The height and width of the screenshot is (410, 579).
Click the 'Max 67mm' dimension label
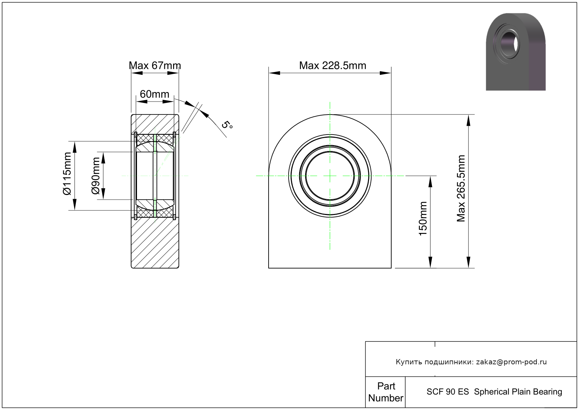(155, 65)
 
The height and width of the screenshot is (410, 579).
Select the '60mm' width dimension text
(154, 94)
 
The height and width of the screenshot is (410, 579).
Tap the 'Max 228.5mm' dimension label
(333, 65)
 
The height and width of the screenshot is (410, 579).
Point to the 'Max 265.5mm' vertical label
(461, 188)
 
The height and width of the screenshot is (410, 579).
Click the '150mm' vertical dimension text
(423, 219)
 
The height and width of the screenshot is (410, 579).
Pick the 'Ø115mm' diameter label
(67, 174)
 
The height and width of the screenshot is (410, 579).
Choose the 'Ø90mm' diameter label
(96, 176)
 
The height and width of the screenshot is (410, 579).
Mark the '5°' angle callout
(227, 125)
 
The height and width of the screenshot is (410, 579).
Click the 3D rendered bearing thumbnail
(516, 52)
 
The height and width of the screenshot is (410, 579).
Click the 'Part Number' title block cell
(386, 392)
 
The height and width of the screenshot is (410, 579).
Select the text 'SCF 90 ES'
(447, 392)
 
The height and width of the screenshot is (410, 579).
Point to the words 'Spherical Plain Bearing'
(518, 392)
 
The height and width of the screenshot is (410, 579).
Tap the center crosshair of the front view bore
(330, 176)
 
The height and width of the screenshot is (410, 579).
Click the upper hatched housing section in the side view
(155, 124)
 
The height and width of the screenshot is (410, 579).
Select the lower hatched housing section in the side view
(155, 243)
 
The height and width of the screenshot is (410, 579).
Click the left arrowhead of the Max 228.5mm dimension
(274, 73)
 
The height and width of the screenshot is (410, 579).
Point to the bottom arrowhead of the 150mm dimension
(430, 262)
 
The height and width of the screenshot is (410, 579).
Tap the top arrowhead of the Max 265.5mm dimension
(468, 120)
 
